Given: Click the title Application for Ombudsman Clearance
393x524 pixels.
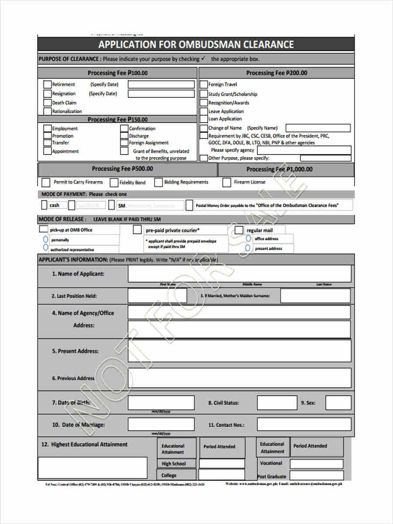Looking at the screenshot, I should tap(196, 45).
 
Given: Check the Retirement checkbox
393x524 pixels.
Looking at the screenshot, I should tap(47, 84).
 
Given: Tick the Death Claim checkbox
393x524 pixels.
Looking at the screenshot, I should tap(47, 103).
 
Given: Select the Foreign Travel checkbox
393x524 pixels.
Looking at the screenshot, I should tap(203, 84).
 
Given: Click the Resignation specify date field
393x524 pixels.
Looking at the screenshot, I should tap(161, 93).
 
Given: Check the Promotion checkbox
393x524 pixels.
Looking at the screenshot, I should tap(47, 136).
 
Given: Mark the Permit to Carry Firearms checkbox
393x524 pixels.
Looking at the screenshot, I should tap(46, 182).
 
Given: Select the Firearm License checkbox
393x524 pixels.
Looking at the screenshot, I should tap(226, 183).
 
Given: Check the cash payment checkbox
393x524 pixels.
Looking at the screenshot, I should tap(44, 205).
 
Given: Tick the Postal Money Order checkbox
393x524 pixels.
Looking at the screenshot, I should tap(189, 205).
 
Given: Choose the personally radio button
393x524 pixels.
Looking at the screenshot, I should tap(45, 239).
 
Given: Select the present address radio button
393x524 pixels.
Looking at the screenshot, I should tap(248, 248).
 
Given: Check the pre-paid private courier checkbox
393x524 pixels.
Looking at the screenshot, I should tap(137, 230).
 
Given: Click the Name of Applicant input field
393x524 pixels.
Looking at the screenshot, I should tap(239, 274).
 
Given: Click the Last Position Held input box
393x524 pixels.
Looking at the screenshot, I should tap(157, 296).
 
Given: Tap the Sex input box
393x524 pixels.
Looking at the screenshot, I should tap(338, 403).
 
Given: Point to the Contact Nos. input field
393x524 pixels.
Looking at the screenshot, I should tap(304, 424).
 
